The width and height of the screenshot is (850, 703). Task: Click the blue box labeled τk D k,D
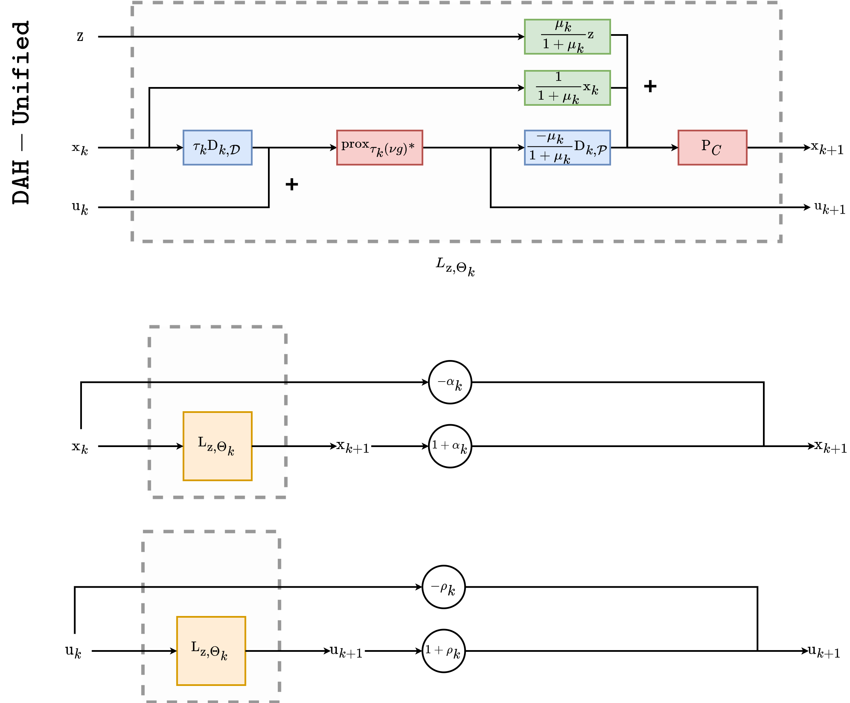217,147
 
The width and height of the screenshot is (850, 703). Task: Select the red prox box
379,147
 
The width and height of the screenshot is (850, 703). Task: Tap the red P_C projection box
712,147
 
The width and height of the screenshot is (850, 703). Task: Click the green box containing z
567,37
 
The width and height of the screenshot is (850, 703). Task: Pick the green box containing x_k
567,88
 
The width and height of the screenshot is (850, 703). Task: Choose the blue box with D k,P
567,147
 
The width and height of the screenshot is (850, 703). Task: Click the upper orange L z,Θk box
217,446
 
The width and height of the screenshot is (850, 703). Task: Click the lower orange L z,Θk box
211,651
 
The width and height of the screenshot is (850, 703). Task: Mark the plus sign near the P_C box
650,86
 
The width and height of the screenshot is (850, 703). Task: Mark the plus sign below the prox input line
292,185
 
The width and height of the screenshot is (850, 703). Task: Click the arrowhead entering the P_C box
675,148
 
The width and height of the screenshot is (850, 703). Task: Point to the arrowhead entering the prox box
334,148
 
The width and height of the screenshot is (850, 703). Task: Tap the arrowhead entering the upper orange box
180,446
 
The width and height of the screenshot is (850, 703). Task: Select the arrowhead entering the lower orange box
174,651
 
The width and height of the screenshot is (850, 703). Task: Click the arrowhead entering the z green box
521,37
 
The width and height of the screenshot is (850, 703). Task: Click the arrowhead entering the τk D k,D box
180,148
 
